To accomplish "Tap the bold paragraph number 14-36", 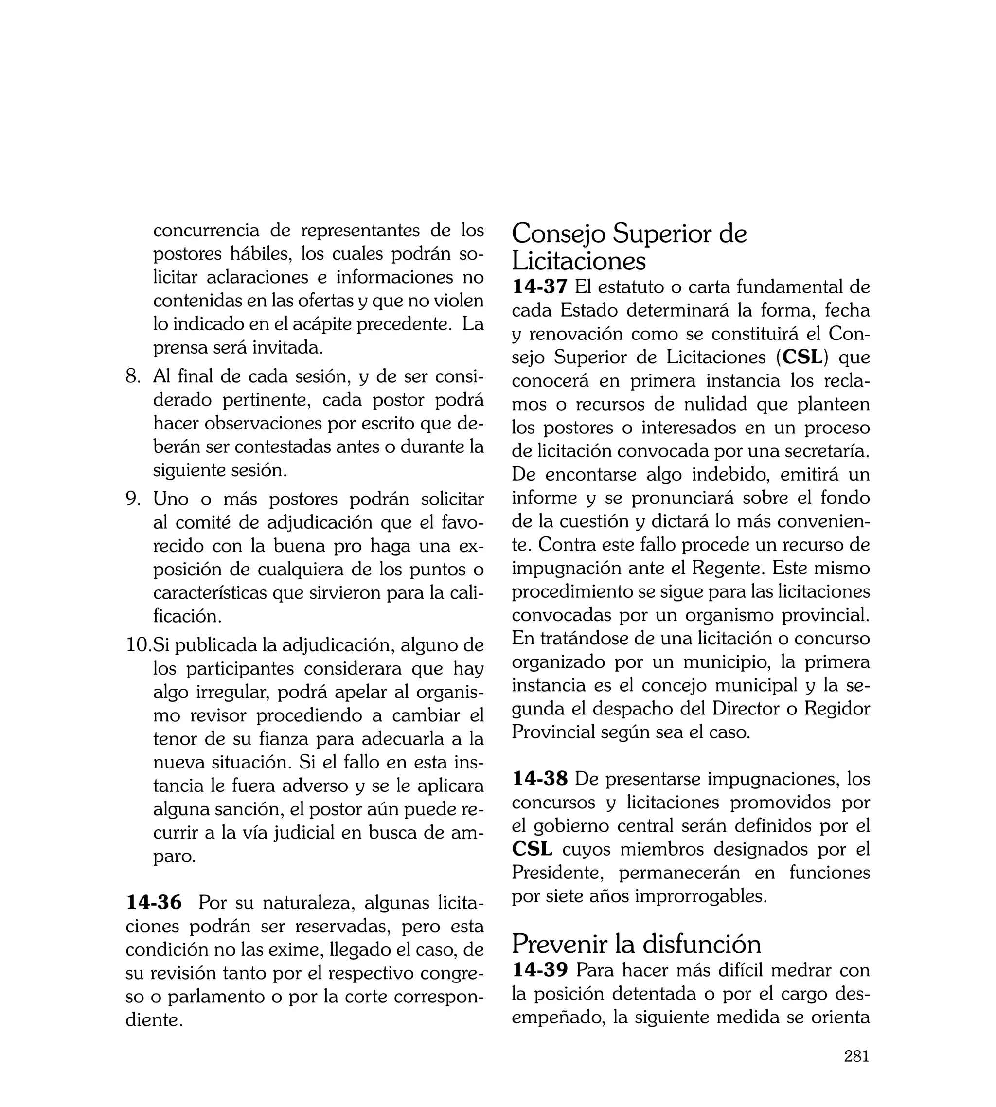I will [154, 902].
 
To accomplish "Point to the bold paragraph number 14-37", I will [540, 287].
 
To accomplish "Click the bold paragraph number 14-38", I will [540, 778].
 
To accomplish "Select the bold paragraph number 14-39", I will [540, 970].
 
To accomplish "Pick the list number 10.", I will [138, 645].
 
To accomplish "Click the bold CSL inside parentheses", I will [802, 357].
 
